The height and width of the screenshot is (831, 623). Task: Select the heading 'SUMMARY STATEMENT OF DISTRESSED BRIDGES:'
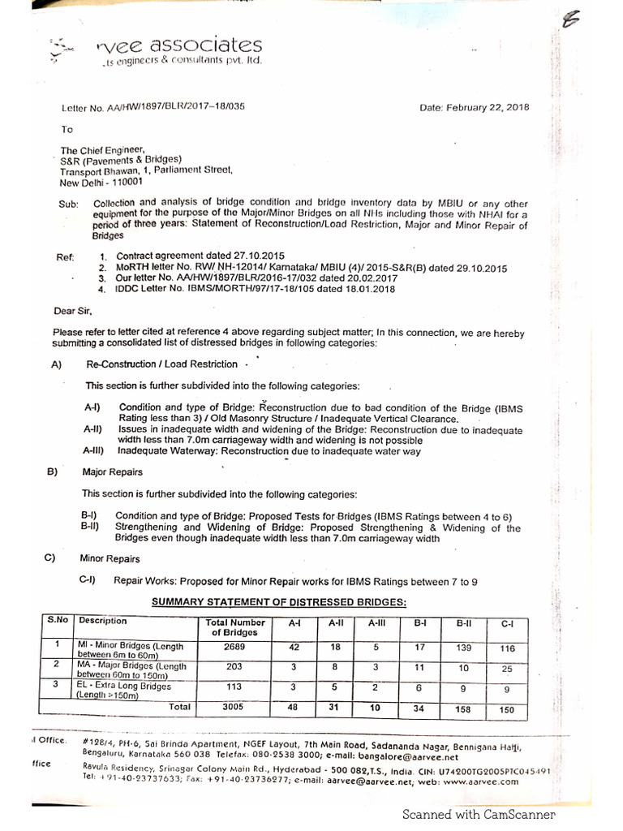point(279,601)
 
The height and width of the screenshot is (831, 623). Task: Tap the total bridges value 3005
point(233,707)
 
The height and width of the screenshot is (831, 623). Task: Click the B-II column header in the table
point(464,624)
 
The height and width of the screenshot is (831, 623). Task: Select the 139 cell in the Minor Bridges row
point(464,648)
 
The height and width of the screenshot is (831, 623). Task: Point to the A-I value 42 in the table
point(294,648)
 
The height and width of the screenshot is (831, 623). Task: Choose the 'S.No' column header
point(58,620)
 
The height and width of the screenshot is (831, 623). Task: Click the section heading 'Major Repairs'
point(112,471)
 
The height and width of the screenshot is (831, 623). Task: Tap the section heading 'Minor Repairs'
point(110,558)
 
